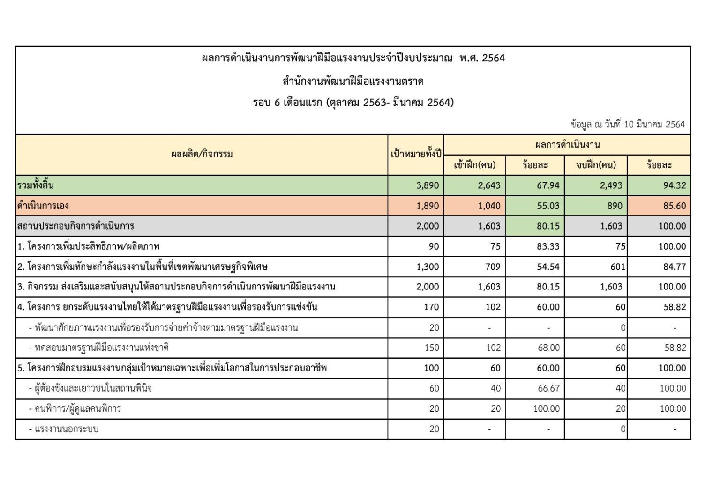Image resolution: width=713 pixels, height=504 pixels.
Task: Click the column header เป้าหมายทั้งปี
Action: [416, 154]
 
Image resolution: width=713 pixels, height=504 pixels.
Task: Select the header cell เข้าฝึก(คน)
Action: [474, 165]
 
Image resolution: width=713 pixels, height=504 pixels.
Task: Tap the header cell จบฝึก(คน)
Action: [596, 165]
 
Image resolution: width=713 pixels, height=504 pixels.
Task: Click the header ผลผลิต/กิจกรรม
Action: [202, 154]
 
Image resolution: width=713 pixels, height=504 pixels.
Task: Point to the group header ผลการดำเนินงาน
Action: [567, 145]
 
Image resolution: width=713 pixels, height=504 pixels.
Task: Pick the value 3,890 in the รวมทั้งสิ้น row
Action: [428, 185]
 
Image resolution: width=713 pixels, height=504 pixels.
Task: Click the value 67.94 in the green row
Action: [548, 185]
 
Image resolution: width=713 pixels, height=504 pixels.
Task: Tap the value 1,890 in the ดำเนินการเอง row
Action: [428, 206]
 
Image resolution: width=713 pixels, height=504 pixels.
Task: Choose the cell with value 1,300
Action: [428, 267]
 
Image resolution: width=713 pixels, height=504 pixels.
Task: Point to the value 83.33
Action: [548, 246]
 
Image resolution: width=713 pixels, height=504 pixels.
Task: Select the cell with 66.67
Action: [548, 388]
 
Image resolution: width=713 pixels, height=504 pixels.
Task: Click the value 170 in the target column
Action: [431, 307]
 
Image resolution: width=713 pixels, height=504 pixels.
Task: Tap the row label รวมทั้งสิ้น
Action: [36, 185]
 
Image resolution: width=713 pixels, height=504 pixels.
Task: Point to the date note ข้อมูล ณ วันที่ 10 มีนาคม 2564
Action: [628, 125]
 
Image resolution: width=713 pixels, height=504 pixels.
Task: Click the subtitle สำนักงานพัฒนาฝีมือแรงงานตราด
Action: [353, 82]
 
